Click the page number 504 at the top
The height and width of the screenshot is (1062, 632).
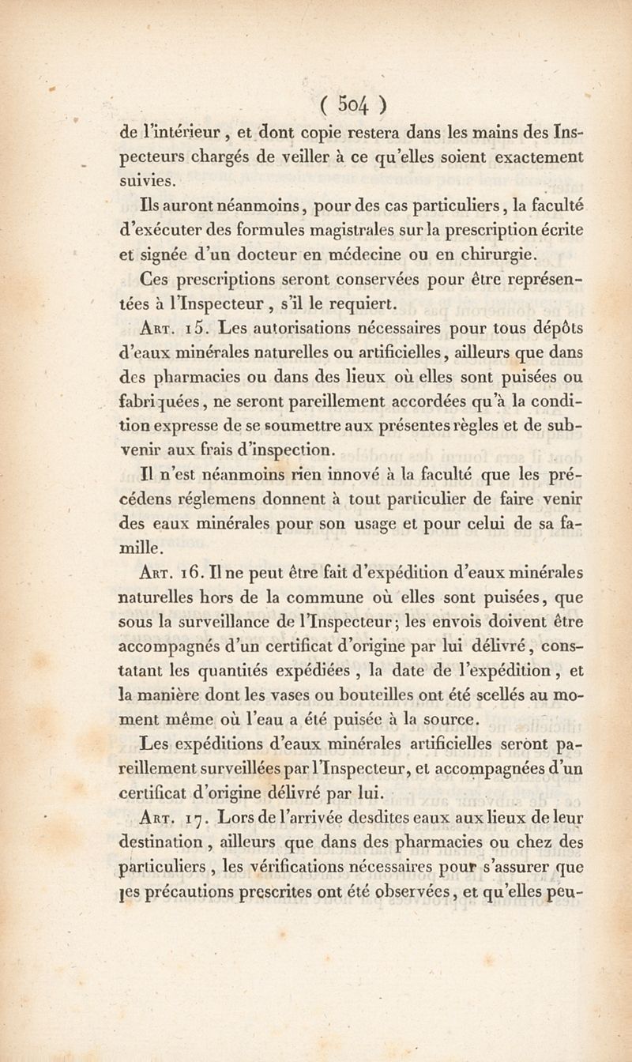click(x=352, y=104)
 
